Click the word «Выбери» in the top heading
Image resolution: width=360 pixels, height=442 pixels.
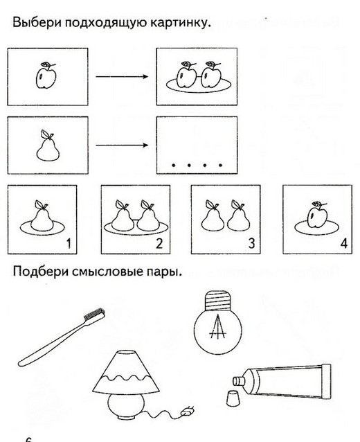[x=37, y=22]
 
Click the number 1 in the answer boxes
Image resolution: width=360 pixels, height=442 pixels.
[x=69, y=243]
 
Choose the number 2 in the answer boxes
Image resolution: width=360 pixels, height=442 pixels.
[x=159, y=243]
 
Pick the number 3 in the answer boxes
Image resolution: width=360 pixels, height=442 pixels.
[x=251, y=243]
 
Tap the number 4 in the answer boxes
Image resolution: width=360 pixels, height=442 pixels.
[x=344, y=243]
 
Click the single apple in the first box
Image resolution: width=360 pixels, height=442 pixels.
[x=46, y=76]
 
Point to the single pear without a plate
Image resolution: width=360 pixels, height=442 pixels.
[x=48, y=146]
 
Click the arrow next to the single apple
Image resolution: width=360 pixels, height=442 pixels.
[x=122, y=76]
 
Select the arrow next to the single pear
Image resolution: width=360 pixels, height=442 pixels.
[x=122, y=145]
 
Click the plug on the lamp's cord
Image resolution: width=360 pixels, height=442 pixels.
[x=188, y=412]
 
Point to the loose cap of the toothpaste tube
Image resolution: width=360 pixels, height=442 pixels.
[x=233, y=398]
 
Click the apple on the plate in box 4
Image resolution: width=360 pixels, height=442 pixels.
[x=317, y=216]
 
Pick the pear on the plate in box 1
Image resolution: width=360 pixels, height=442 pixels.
[x=42, y=216]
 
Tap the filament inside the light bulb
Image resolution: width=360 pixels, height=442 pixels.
[x=217, y=327]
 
